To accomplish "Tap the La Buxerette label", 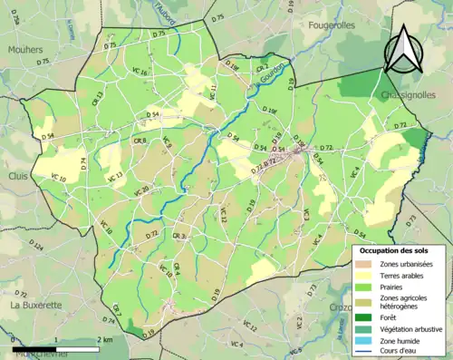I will [34, 306].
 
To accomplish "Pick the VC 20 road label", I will [140, 190].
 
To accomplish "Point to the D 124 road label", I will [35, 246].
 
